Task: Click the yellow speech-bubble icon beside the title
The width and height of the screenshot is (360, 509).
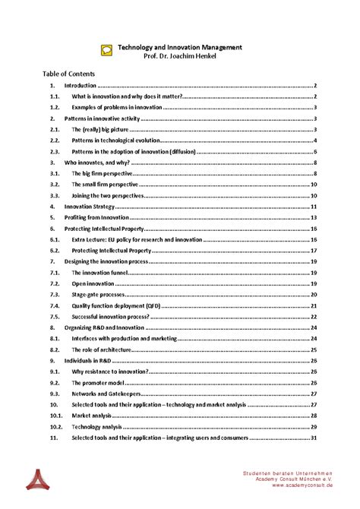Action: pos(106,49)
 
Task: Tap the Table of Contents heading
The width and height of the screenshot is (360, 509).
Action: pos(69,74)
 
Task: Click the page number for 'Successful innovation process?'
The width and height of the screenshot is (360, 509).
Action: pos(312,316)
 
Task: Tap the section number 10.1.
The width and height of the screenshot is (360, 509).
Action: pos(55,416)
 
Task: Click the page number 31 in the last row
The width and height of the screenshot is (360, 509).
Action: pos(312,438)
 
